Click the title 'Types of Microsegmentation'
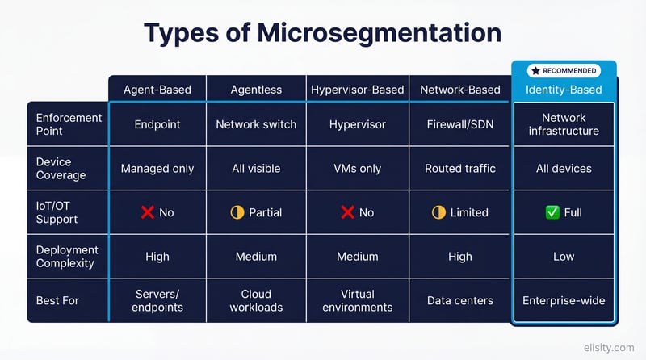322,32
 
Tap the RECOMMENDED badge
564,71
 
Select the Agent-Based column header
157,90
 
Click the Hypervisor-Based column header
357,90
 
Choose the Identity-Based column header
564,90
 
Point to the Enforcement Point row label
69,124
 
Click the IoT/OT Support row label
58,212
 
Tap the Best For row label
58,300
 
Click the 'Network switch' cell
256,124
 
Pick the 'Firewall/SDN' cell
459,124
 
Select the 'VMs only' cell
357,169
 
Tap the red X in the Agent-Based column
147,212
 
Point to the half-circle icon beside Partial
237,212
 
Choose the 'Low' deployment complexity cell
564,256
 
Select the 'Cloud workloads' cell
256,300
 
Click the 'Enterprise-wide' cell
564,300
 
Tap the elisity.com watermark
610,348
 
